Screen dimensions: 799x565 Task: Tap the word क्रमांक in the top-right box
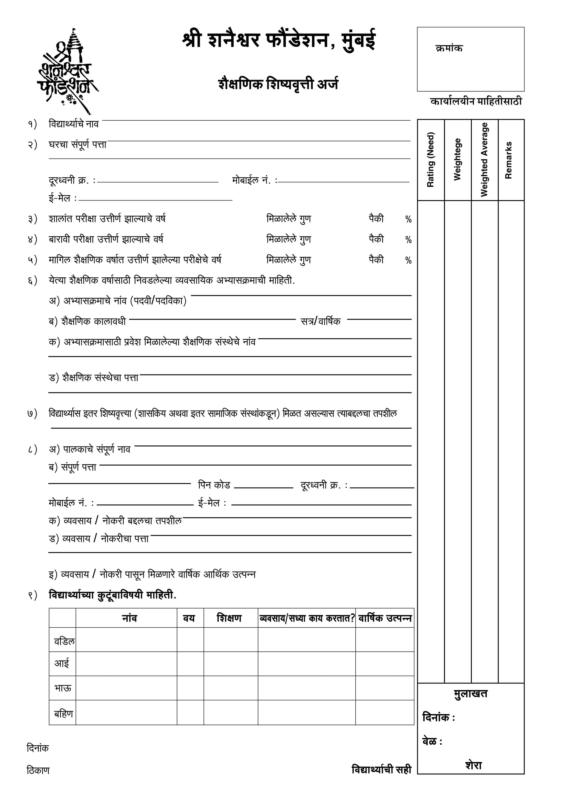click(449, 48)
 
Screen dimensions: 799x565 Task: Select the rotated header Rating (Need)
click(431, 160)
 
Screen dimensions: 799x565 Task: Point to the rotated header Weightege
click(457, 160)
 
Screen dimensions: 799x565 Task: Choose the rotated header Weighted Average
click(484, 160)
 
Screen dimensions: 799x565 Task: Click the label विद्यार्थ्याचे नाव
click(73, 124)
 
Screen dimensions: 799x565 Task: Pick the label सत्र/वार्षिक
click(321, 321)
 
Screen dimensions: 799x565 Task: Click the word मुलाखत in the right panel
click(471, 694)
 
